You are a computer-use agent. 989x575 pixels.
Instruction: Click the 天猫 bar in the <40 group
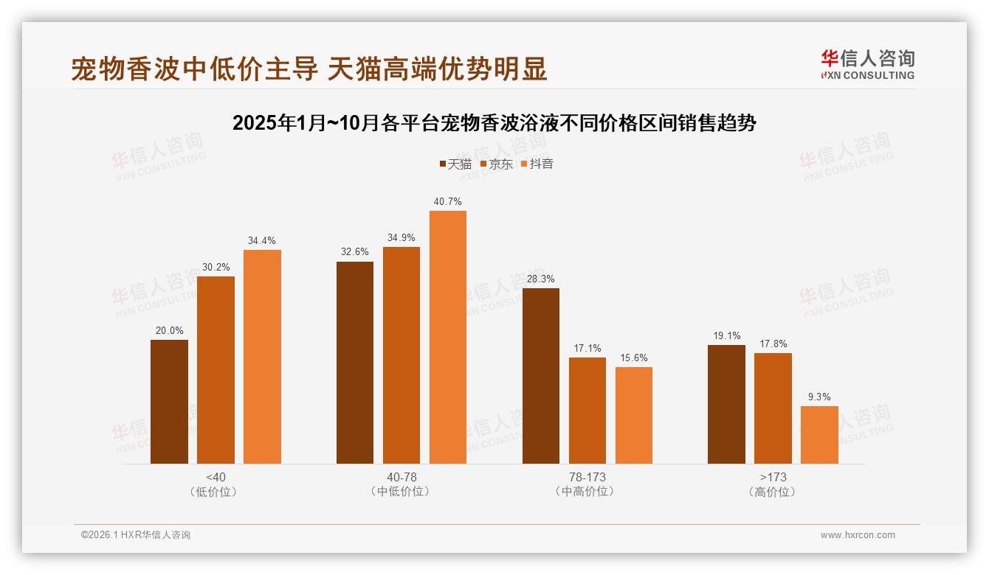pos(169,402)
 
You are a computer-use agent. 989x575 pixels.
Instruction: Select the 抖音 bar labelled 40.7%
pos(448,337)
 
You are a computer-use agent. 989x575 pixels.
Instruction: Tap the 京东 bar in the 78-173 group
pos(587,411)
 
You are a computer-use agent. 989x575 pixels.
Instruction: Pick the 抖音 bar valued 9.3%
pos(819,435)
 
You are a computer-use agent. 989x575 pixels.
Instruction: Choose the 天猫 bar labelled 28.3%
pos(541,376)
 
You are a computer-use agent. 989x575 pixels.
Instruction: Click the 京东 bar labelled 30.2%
pos(216,370)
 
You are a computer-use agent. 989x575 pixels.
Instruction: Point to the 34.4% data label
pos(262,240)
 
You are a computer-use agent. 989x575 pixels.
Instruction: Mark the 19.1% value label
pos(727,335)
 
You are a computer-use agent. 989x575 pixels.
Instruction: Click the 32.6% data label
pos(355,252)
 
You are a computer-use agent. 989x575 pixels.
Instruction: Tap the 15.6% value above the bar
pos(634,358)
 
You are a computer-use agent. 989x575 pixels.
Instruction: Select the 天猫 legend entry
pos(455,164)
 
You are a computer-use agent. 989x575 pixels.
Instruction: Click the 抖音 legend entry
pos(537,164)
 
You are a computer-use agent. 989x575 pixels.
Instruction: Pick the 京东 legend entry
pos(496,164)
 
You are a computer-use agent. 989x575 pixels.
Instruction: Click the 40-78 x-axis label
pos(402,477)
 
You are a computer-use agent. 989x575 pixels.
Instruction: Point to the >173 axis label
pos(773,477)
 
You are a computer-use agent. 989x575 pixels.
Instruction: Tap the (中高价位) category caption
pos(587,492)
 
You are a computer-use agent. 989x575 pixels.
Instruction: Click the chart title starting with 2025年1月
pos(494,123)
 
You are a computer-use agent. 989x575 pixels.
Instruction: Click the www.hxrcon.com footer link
pos(858,535)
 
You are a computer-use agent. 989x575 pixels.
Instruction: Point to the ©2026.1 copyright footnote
pos(136,535)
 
